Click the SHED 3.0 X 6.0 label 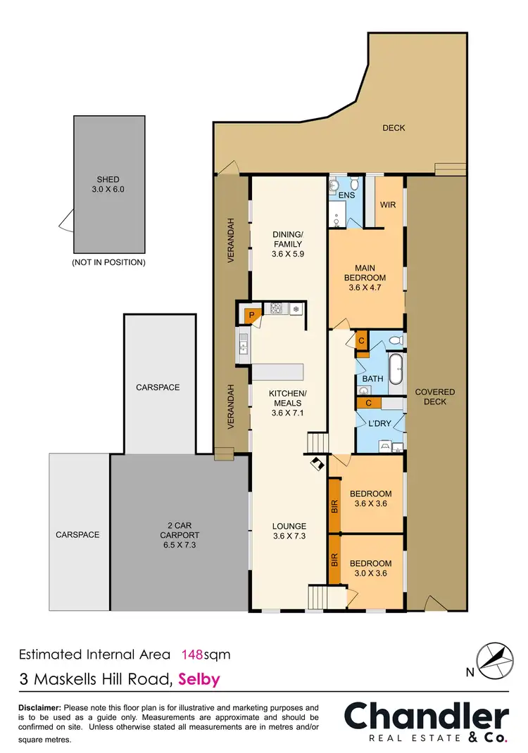click(108, 184)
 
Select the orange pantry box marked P click(250, 316)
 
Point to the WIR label click(388, 205)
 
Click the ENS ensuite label click(346, 195)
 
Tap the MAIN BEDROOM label click(365, 272)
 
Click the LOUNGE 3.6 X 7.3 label click(290, 531)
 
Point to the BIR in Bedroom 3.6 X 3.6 click(334, 505)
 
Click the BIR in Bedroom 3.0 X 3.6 click(334, 560)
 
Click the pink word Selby click(199, 679)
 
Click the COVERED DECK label click(434, 397)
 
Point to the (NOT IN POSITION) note click(108, 262)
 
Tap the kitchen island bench click(277, 371)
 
